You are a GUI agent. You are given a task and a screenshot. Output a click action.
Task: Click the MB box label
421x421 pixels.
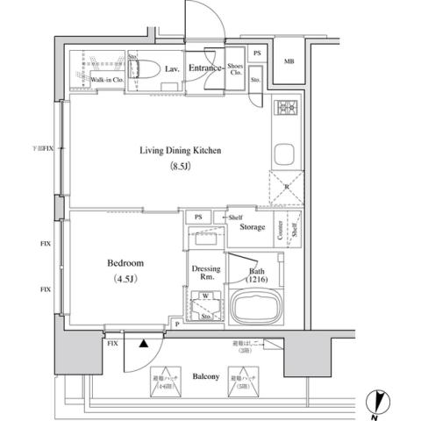(289, 61)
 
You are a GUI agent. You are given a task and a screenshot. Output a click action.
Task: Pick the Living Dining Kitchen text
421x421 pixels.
(180, 151)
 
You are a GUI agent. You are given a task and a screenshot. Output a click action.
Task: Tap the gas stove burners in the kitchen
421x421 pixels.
(286, 111)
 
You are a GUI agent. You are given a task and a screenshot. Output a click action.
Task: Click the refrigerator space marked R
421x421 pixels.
(286, 189)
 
